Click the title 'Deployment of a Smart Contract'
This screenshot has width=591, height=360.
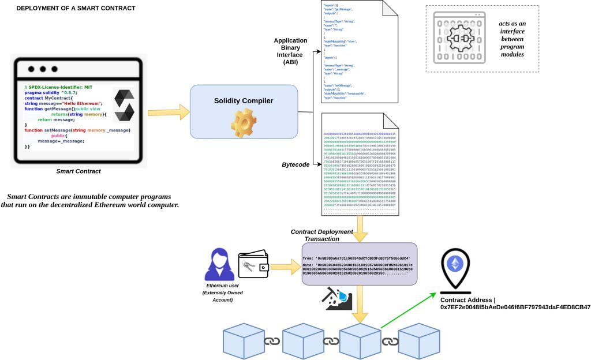76,8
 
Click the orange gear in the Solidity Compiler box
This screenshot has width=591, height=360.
243,122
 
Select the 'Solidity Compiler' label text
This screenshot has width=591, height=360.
243,100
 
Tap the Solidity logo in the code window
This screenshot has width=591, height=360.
124,105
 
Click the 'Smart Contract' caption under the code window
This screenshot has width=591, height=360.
78,171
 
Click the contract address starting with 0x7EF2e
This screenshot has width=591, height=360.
515,307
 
